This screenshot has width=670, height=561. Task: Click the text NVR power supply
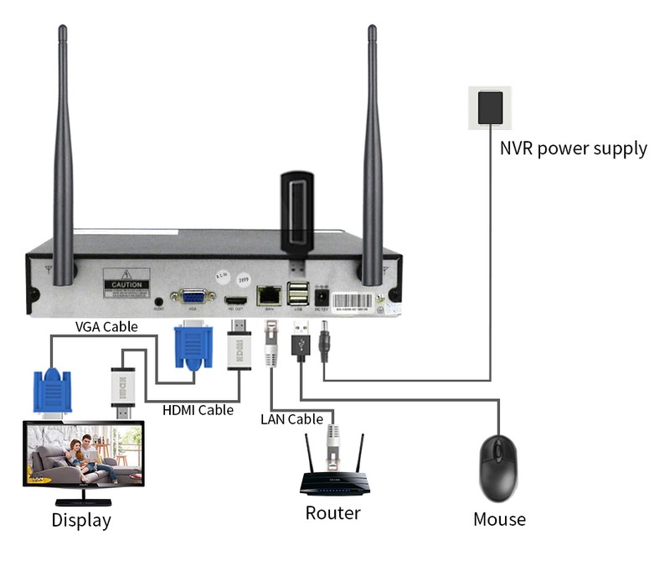573,149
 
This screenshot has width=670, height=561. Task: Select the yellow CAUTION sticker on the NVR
126,280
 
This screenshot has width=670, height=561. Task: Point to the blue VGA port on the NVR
192,298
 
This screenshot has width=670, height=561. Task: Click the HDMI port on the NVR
234,299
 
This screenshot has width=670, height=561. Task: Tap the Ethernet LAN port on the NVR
270,295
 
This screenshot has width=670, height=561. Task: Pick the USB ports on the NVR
297,295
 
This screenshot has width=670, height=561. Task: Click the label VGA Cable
106,326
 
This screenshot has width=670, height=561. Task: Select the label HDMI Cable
198,410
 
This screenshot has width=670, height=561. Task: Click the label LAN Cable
291,418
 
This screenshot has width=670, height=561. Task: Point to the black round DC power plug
325,341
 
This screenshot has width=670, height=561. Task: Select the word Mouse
499,519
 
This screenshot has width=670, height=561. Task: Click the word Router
332,513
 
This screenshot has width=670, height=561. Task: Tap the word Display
81,520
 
